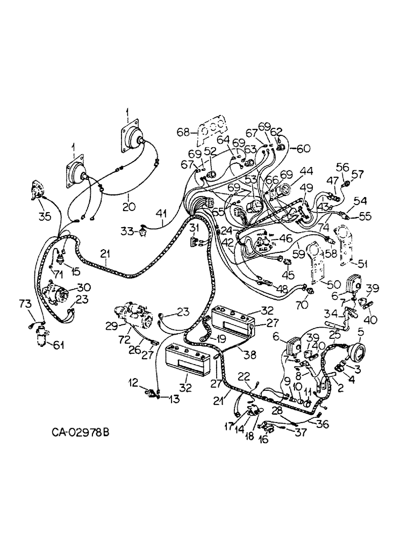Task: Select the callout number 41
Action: point(162,214)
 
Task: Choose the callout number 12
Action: point(133,382)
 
